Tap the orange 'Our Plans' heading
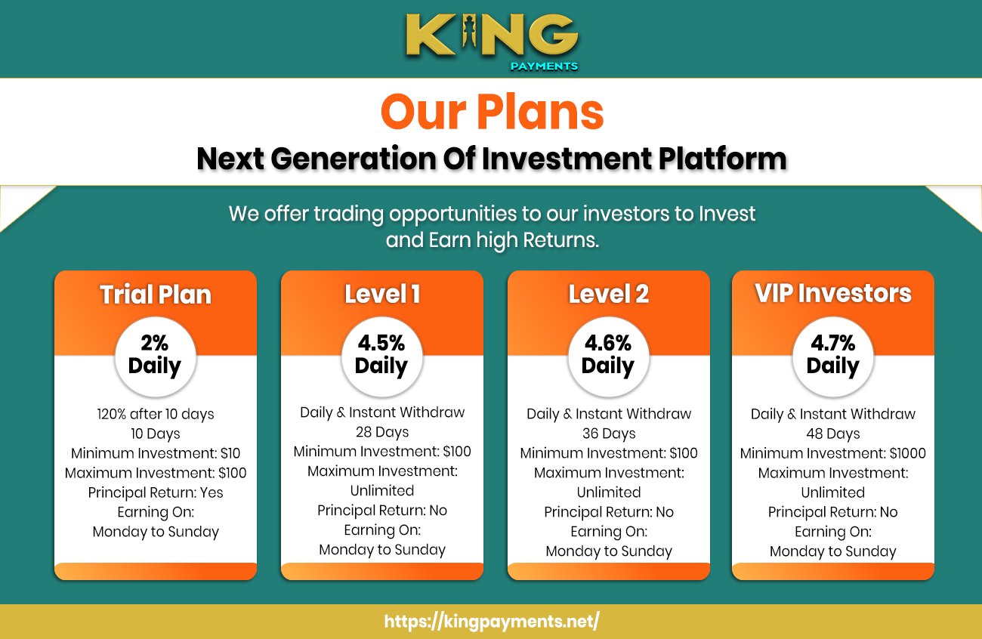[492, 112]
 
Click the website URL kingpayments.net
[492, 622]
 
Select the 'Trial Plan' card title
[156, 295]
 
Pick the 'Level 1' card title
[382, 294]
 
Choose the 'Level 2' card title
[609, 294]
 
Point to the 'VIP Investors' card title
[833, 293]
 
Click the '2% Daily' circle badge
[155, 355]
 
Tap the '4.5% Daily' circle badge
[381, 355]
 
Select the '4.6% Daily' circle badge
[608, 355]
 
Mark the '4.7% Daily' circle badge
[832, 355]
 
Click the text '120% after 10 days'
[156, 414]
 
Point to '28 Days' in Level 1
[382, 432]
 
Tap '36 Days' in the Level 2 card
[609, 434]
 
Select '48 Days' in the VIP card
[833, 434]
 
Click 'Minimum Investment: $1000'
[833, 453]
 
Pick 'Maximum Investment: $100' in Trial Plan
[156, 473]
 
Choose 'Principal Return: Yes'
[156, 492]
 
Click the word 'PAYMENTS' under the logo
[543, 66]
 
